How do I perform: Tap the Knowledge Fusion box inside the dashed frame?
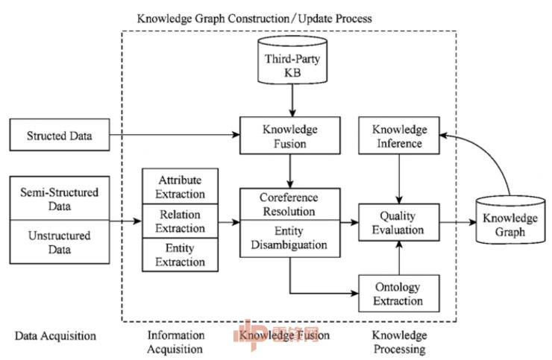289,136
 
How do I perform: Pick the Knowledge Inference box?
400,136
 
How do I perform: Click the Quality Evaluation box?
400,222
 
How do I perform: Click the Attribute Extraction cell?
182,186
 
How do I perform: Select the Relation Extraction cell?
182,222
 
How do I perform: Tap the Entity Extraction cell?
182,255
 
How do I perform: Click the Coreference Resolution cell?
289,204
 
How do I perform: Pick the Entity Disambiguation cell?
289,239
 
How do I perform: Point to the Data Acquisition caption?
55,335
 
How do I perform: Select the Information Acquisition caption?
175,341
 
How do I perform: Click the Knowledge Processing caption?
399,341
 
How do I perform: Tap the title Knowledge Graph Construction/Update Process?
254,16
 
